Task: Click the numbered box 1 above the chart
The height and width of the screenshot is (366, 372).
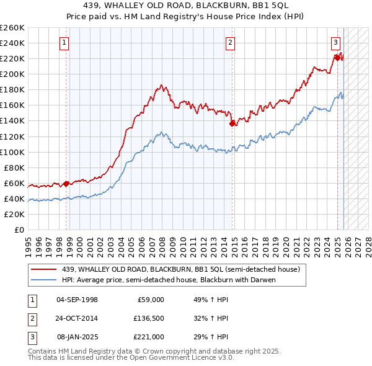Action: click(64, 43)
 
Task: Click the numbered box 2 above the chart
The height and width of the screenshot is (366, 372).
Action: click(230, 43)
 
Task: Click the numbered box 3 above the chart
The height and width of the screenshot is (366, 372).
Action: click(335, 43)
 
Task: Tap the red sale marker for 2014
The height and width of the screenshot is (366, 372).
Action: click(232, 123)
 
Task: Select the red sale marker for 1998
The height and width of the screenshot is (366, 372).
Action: click(66, 184)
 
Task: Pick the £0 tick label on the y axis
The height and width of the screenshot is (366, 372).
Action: click(19, 230)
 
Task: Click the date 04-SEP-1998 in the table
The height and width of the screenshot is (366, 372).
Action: click(77, 299)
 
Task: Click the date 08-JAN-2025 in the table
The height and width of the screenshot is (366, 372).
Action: click(77, 337)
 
